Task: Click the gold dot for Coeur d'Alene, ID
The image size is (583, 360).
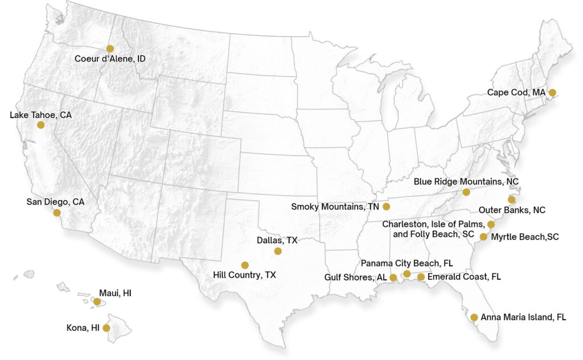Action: [x=110, y=49]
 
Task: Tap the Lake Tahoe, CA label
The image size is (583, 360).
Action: [x=41, y=115]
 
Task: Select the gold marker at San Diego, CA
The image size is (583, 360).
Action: [x=57, y=213]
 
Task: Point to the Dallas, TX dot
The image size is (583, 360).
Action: [x=278, y=251]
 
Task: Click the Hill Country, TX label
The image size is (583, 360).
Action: [x=244, y=275]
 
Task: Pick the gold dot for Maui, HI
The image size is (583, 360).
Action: [x=97, y=302]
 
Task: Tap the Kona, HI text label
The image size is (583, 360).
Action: [x=83, y=328]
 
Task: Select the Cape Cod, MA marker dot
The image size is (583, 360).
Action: [x=552, y=92]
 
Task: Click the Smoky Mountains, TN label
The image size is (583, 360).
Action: [x=335, y=206]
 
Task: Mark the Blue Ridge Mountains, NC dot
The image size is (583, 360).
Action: [x=466, y=192]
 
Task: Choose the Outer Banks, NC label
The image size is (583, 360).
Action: [x=512, y=210]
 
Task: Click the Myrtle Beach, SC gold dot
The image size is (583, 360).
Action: [x=483, y=236]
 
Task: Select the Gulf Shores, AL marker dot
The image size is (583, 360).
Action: [x=393, y=277]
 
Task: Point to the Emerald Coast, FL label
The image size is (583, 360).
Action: [x=464, y=277]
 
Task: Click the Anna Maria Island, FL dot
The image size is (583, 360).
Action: [x=474, y=317]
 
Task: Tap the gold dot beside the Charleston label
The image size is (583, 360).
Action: [x=491, y=224]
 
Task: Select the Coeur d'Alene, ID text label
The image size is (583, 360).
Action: [x=110, y=59]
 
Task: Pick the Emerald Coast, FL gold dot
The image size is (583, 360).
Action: [x=421, y=277]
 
